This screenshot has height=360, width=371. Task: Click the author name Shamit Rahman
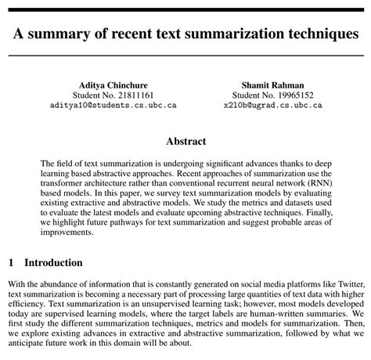[x=272, y=85]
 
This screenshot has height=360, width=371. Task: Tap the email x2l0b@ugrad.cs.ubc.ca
[x=272, y=104]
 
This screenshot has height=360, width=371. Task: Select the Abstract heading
[x=185, y=142]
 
